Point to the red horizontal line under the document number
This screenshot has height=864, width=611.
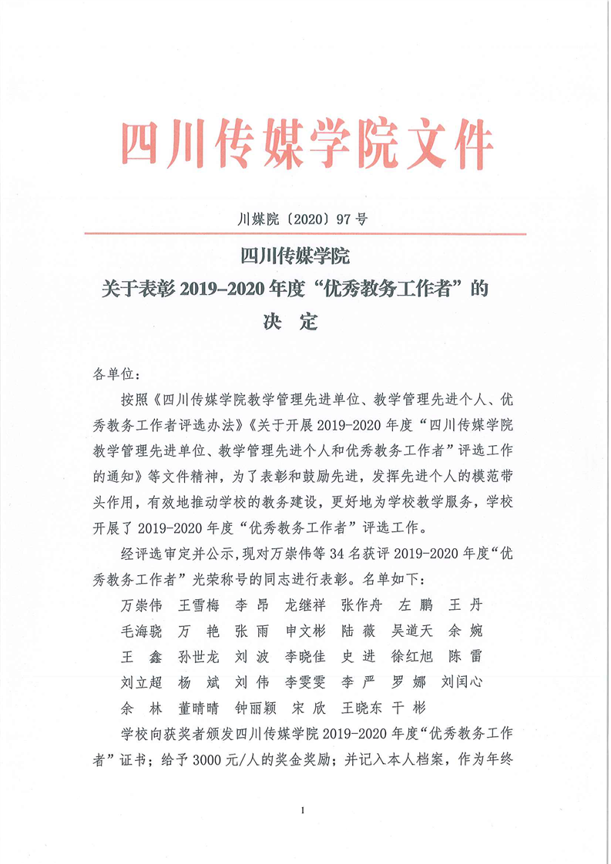[305, 233]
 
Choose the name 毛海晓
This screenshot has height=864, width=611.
[141, 630]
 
